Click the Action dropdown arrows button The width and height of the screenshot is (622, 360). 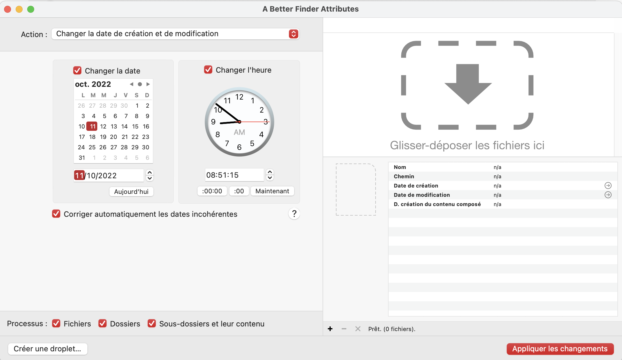[293, 34]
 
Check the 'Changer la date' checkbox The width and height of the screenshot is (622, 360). [77, 71]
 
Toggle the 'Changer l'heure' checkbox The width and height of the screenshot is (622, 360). [208, 70]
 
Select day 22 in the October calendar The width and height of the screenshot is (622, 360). [135, 137]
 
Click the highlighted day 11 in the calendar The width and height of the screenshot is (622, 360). [92, 126]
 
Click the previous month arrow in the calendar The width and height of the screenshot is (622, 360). [131, 84]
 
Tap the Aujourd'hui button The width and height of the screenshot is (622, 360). [131, 192]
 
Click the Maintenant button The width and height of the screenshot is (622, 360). [272, 191]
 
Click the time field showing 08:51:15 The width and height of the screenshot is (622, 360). [234, 175]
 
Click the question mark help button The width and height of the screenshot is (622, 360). [294, 214]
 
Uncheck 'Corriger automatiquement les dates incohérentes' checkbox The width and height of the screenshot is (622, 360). [56, 214]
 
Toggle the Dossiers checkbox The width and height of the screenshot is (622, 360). [103, 324]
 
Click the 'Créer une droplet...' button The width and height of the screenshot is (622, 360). [47, 349]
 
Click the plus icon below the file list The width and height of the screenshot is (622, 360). [330, 329]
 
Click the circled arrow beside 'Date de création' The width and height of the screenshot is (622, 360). [608, 185]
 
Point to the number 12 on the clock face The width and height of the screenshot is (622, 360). [239, 97]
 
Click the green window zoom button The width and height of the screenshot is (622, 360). [31, 9]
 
